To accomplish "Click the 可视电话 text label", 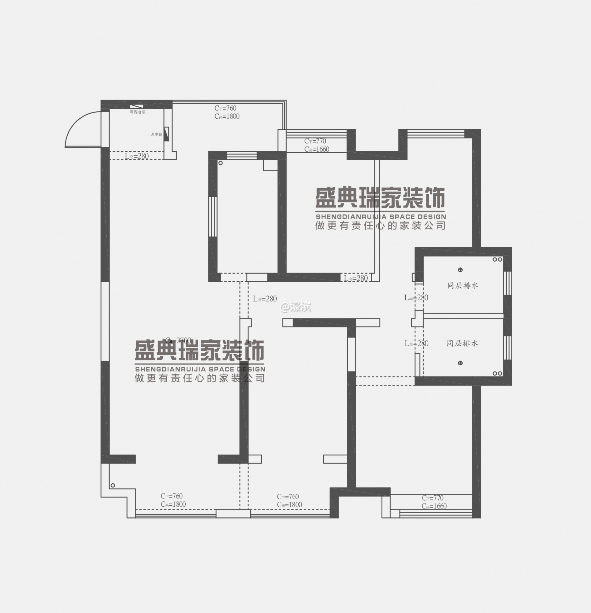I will click(x=137, y=112).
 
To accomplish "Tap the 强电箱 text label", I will click(x=156, y=135).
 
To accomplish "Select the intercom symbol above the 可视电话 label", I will click(x=137, y=106).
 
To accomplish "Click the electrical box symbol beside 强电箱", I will click(x=167, y=134).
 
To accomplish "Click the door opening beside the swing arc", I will click(x=105, y=129).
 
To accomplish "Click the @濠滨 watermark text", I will click(x=295, y=307).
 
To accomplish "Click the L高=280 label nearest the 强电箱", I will click(x=137, y=156).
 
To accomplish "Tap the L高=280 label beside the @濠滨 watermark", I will click(x=264, y=299).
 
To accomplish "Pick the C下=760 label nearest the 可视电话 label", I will click(x=225, y=108).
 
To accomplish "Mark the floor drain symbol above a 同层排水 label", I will click(x=460, y=270).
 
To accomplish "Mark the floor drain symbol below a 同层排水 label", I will click(x=460, y=363).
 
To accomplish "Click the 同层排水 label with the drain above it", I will click(x=463, y=286).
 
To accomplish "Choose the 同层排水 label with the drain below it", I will click(x=462, y=343).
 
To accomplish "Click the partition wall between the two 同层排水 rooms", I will click(x=463, y=316).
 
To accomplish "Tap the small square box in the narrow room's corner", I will click(x=270, y=166).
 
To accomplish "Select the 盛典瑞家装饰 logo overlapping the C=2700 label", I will click(x=199, y=350).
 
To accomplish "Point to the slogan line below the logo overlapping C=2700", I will click(x=199, y=379).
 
